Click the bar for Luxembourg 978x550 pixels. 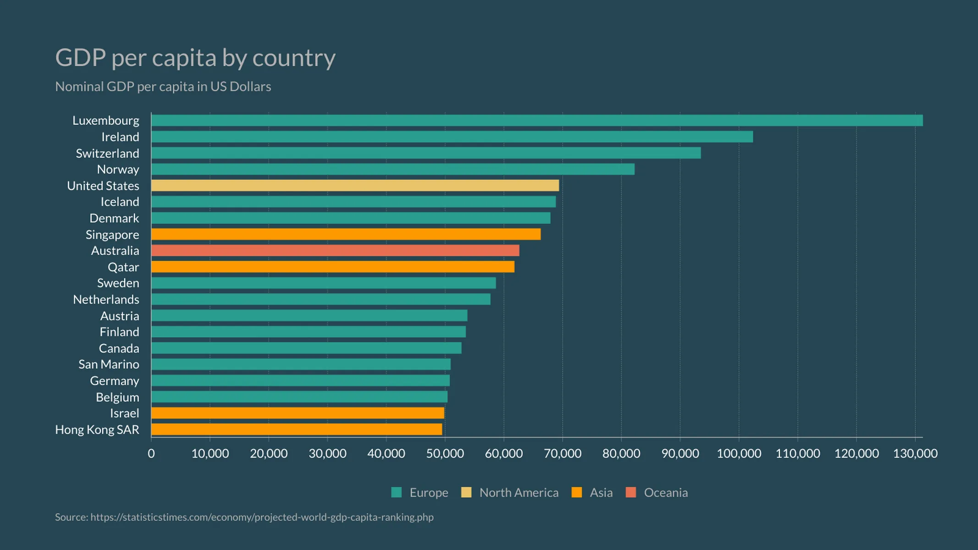pos(536,121)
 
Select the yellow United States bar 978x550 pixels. pos(355,186)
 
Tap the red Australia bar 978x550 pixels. pos(335,251)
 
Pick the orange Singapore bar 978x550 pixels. pos(346,235)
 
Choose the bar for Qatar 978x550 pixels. pos(333,267)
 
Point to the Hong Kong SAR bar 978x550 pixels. pos(297,429)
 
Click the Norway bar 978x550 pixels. pos(393,170)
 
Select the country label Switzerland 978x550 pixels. pos(107,153)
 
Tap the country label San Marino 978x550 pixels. pos(109,364)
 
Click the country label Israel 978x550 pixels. pos(124,413)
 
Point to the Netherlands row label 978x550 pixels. pos(106,299)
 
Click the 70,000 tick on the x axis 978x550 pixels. pos(563,454)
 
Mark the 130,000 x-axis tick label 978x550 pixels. pos(915,454)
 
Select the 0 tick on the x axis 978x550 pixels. pos(151,454)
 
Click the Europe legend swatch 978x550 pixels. pos(397,493)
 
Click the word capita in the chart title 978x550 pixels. pos(184,58)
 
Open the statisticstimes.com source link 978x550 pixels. pos(262,517)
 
